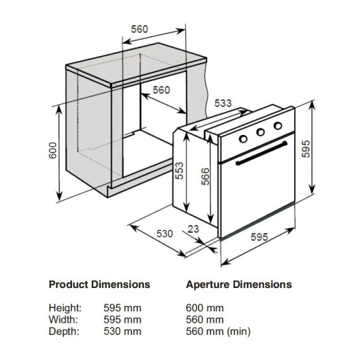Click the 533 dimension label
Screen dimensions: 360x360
(223, 103)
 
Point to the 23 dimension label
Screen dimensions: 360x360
(193, 228)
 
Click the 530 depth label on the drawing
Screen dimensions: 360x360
(165, 233)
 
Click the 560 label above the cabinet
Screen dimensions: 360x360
(139, 29)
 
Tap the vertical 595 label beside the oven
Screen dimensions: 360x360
(305, 149)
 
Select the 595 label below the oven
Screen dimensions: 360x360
(259, 237)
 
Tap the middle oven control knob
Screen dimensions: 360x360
(261, 132)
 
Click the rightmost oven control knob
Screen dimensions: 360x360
(278, 125)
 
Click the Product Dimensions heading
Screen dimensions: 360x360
(99, 284)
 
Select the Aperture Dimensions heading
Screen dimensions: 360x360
(239, 284)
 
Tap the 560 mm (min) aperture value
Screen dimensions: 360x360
(218, 331)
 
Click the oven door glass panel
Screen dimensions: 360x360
(258, 192)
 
